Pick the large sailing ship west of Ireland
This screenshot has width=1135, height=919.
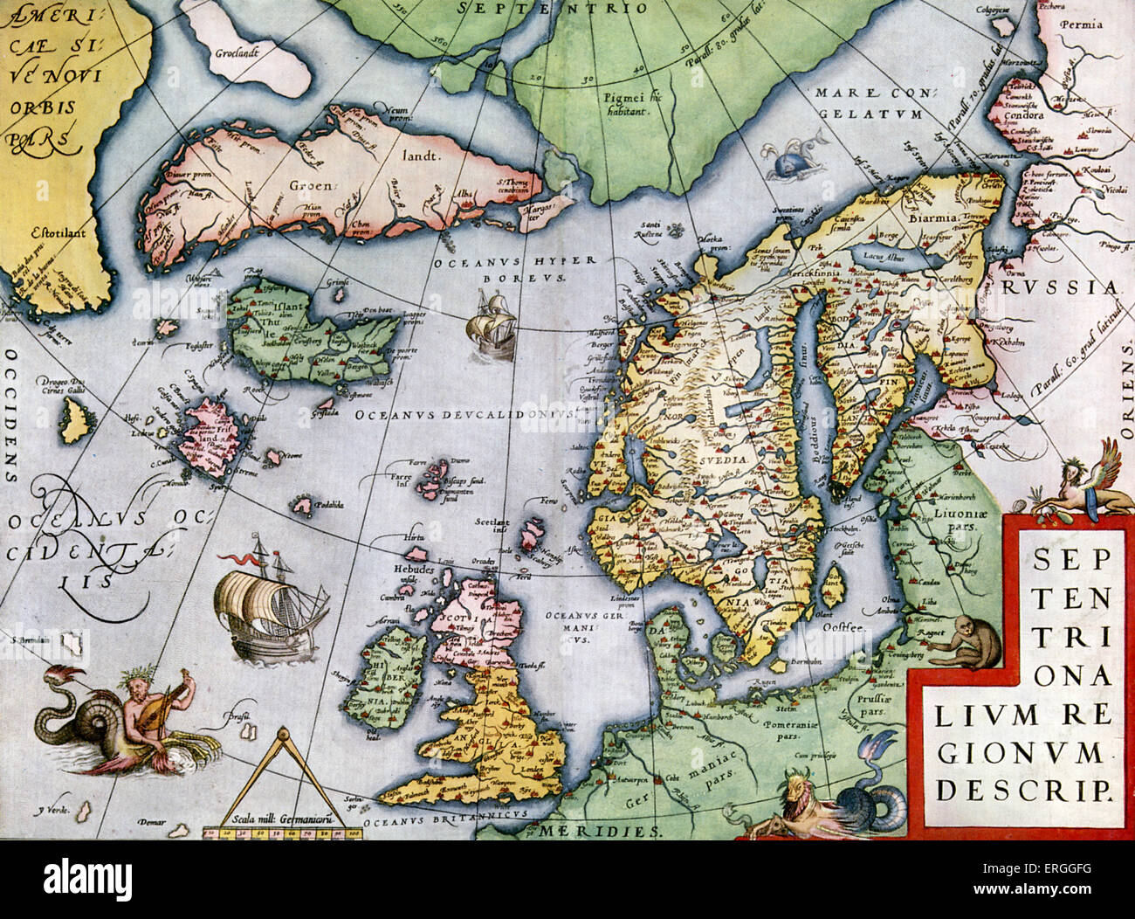[x=266, y=603]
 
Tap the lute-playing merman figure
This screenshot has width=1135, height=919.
[x=131, y=708]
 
